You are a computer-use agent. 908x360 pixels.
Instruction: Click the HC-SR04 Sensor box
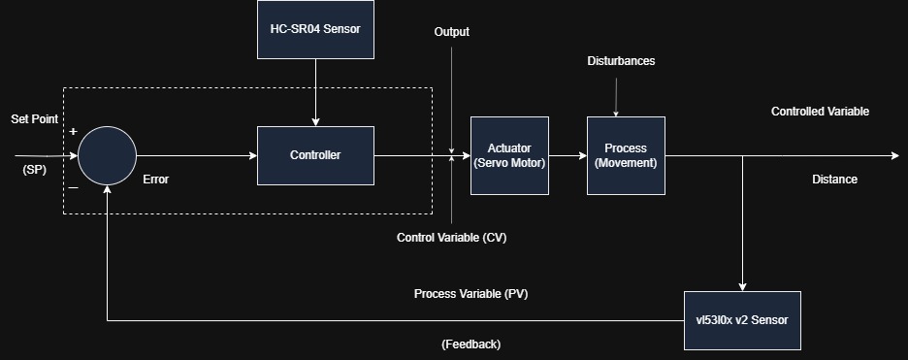pos(315,29)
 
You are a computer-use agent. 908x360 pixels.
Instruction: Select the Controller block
pos(315,155)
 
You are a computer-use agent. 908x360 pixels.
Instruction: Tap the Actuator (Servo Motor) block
pos(509,155)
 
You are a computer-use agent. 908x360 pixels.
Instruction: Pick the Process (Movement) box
pos(626,155)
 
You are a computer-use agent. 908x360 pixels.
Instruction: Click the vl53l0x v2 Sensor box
pos(742,320)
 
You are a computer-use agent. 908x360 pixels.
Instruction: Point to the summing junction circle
pos(107,155)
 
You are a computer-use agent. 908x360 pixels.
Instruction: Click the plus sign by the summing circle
pos(73,131)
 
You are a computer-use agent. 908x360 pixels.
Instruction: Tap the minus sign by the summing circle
pos(73,187)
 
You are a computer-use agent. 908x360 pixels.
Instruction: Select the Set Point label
pos(35,119)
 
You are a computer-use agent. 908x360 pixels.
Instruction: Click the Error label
pos(156,180)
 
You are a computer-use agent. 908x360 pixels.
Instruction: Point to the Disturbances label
pos(622,61)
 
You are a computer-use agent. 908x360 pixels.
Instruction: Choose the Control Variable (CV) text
pos(452,238)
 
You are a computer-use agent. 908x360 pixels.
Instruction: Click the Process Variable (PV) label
pos(470,294)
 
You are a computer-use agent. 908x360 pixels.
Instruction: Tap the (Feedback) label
pos(470,344)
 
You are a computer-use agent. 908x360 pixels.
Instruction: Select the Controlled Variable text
pos(820,112)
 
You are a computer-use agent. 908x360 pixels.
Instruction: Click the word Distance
pos(834,180)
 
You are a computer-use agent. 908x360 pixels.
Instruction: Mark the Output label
pos(452,32)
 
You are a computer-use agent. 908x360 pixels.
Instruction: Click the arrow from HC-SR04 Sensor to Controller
pos(315,92)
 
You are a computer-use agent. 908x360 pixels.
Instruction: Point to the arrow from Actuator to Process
pos(568,155)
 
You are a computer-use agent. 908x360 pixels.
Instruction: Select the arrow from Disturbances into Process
pos(616,97)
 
